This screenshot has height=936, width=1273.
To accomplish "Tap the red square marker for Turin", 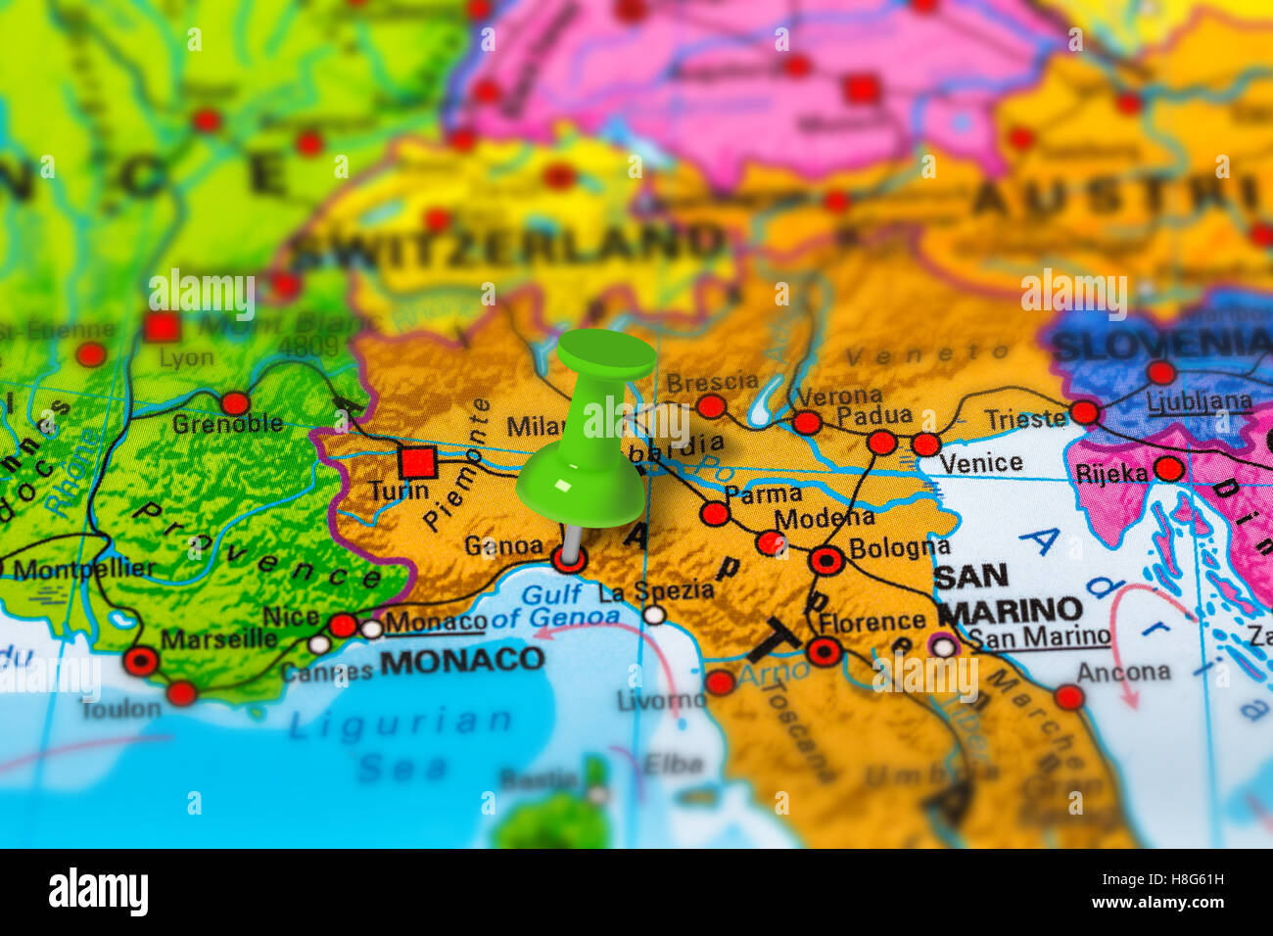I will point(417,461).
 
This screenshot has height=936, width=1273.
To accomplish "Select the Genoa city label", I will point(503,545).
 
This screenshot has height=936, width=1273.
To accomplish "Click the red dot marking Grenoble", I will point(235,403).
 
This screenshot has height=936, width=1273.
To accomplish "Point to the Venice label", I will point(980,463).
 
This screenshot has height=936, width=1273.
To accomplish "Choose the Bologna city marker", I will point(826,561).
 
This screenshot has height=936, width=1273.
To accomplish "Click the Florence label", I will point(872,622).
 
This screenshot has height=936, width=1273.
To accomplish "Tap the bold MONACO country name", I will point(461,660).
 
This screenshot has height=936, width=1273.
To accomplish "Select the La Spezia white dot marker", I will point(654,615).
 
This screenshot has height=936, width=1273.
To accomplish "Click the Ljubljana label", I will point(1199,401).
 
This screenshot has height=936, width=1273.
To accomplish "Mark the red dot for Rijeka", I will point(1168,469).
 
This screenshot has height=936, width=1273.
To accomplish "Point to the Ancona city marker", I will point(1068,697).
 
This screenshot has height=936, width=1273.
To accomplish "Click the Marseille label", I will point(218,639).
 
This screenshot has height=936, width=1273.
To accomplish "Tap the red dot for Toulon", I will point(181,693).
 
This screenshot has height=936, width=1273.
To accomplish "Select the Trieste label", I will point(1024,419).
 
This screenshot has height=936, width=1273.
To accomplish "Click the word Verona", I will point(838,397).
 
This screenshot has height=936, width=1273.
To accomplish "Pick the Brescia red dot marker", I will point(711,406).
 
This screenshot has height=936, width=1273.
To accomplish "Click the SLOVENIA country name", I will point(1160,344).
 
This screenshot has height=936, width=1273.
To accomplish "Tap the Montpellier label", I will point(83,569).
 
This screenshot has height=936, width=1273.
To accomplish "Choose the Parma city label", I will point(764,493).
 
